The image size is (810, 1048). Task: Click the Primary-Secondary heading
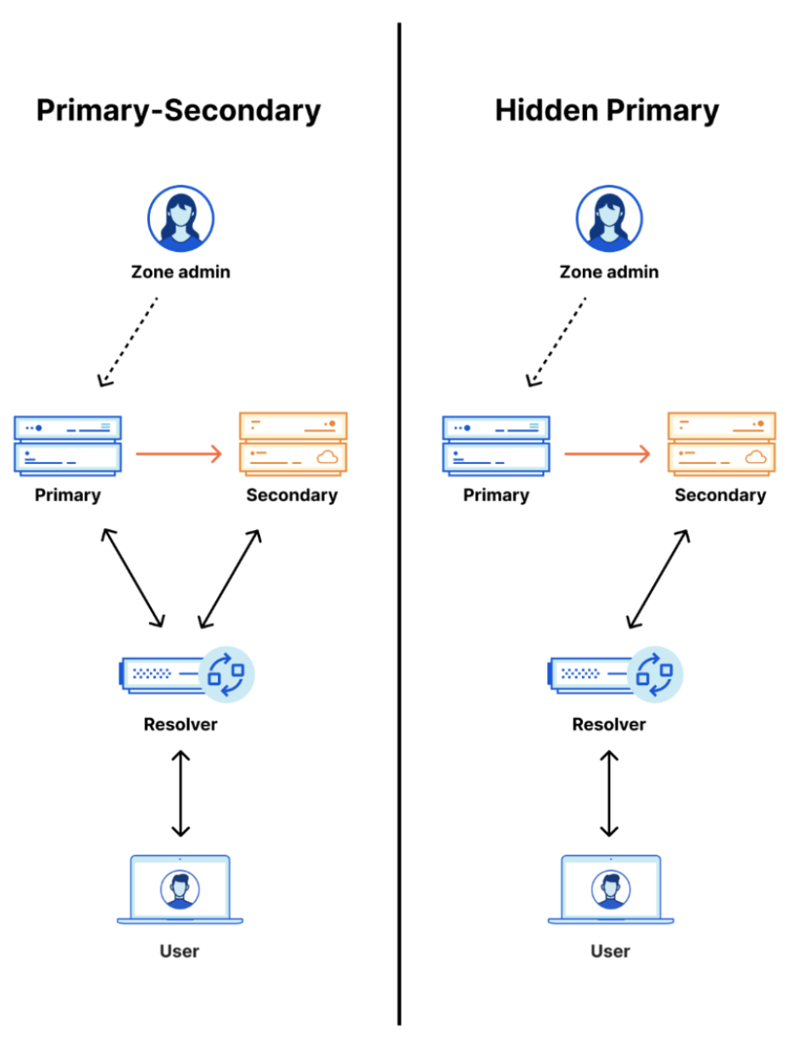[x=179, y=111]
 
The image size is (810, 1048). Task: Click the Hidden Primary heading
[x=607, y=111]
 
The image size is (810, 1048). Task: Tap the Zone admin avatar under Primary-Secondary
[x=180, y=219]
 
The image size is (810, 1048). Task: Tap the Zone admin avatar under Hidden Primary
[x=609, y=219]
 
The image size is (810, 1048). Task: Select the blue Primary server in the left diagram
[x=68, y=445]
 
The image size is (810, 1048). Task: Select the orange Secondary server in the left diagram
[x=293, y=443]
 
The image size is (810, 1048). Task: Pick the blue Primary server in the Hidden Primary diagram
[x=497, y=445]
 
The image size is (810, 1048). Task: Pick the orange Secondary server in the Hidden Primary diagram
[x=722, y=443]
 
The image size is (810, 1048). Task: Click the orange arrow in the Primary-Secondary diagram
[x=179, y=454]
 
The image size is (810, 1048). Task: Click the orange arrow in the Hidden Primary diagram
[x=607, y=454]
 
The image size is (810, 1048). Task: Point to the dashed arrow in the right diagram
[x=557, y=341]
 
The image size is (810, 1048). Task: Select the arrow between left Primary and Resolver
[x=133, y=578]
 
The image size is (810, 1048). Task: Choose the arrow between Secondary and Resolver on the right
[x=658, y=578]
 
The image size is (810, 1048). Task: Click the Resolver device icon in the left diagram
[x=186, y=674]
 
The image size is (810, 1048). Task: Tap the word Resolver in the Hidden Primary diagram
[x=608, y=725]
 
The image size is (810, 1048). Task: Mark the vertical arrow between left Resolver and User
[x=180, y=794]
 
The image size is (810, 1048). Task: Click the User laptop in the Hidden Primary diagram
[x=611, y=889]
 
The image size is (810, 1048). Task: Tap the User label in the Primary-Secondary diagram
[x=180, y=951]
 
